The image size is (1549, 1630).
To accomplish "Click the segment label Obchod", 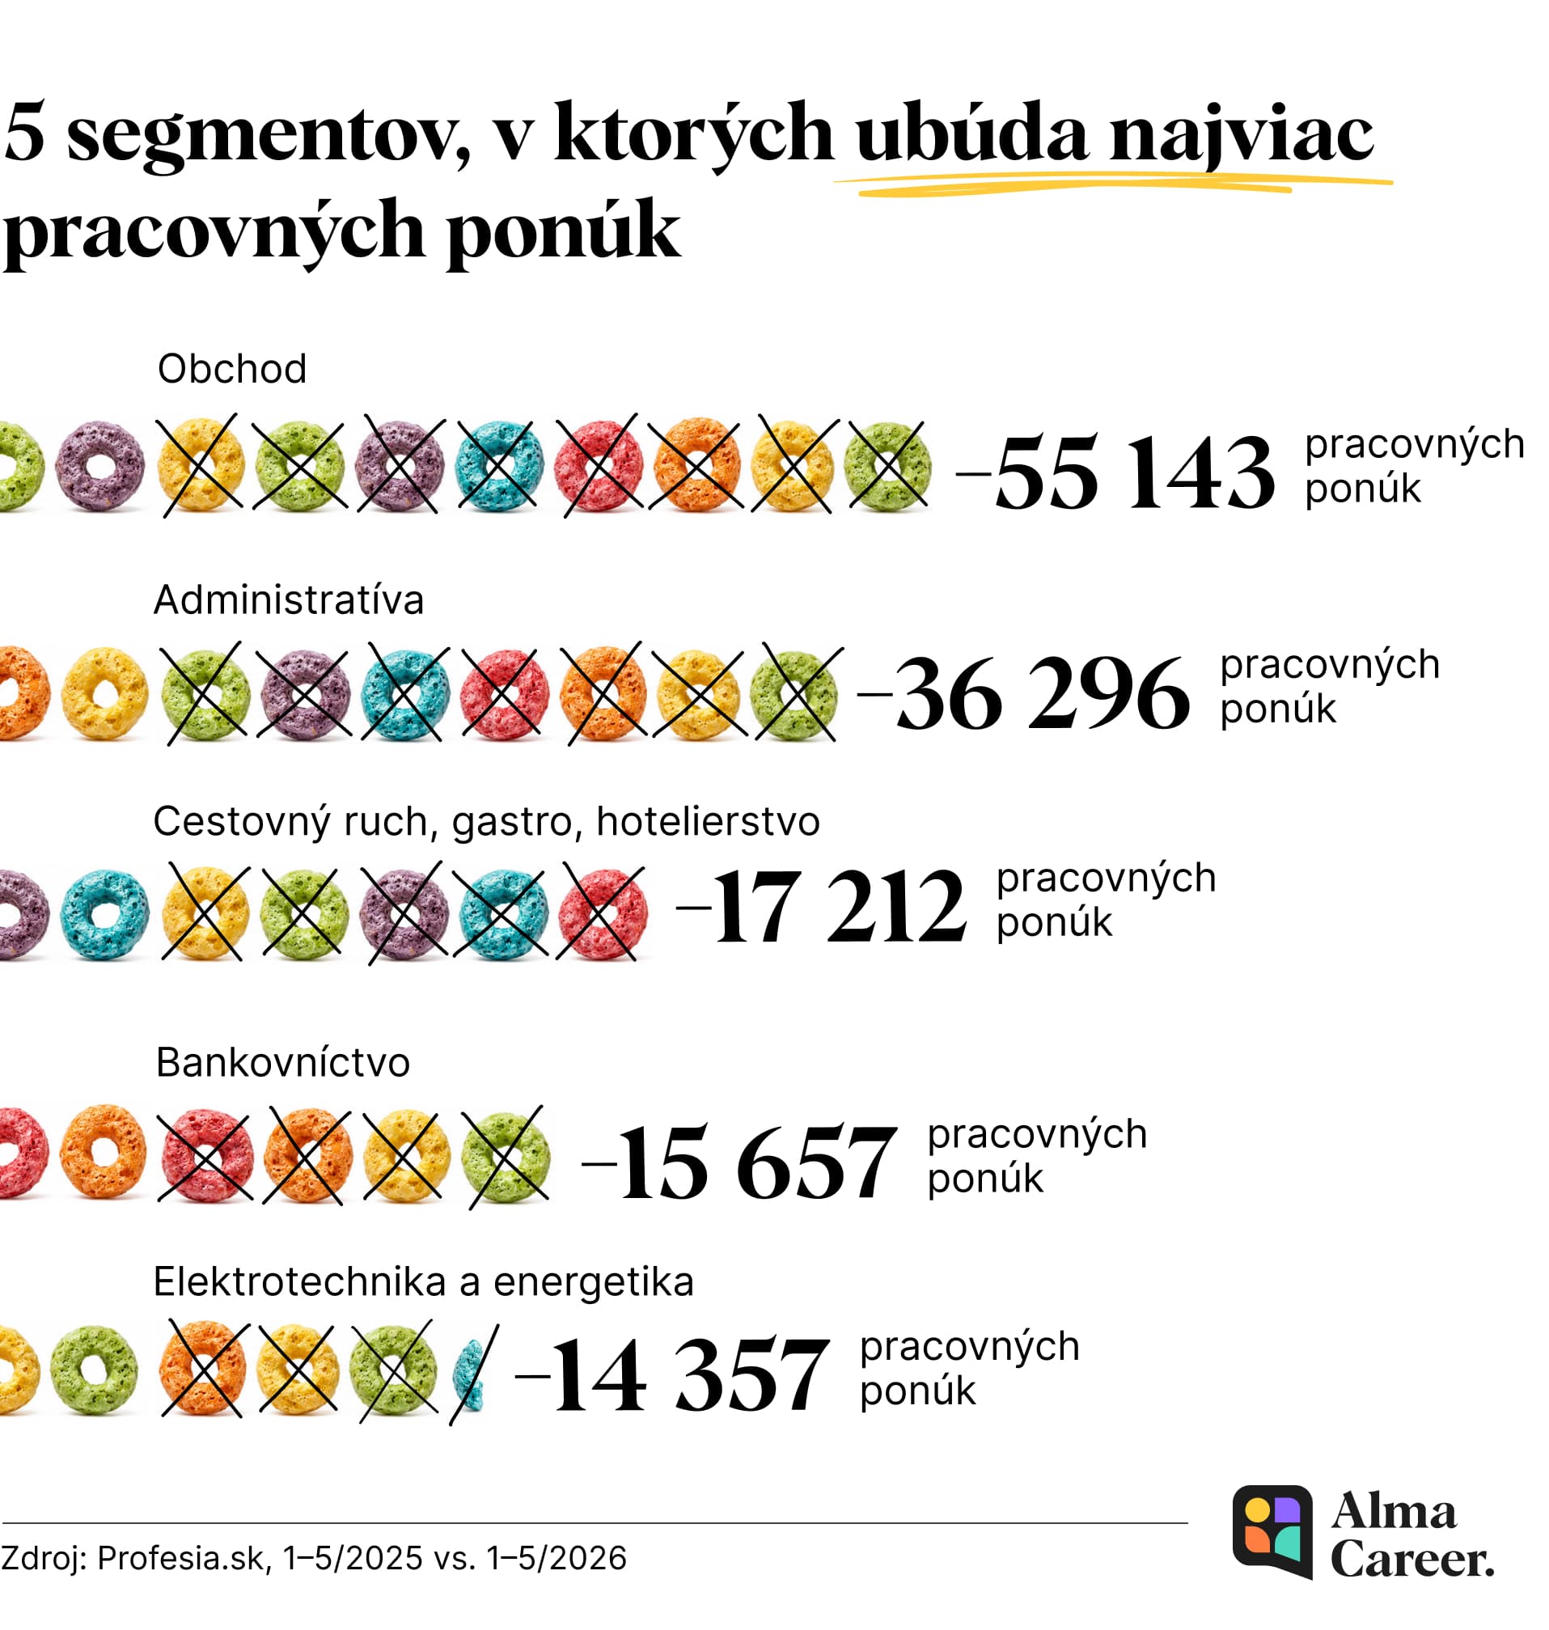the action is click(232, 368).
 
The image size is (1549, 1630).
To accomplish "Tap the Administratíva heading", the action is click(288, 599).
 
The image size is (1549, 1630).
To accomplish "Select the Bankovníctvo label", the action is click(282, 1062).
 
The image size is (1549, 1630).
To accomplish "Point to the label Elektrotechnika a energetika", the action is click(424, 1282).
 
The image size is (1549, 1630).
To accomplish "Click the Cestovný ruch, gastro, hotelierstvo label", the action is click(486, 822).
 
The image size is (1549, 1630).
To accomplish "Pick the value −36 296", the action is click(1024, 692).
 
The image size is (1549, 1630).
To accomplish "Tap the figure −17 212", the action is click(821, 906).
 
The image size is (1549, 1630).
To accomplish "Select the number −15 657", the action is click(739, 1162).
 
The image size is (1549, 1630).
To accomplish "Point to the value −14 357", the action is click(671, 1376).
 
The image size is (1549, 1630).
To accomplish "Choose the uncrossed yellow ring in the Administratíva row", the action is click(105, 692).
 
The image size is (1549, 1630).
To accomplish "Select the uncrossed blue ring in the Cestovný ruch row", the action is click(105, 914).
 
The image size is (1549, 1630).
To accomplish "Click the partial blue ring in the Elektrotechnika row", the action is click(469, 1374).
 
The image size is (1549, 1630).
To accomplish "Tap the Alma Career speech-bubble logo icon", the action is click(1272, 1532).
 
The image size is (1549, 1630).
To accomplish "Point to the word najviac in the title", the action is click(1242, 133).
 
